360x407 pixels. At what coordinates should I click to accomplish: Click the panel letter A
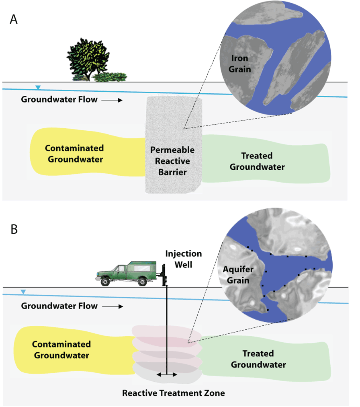tap(14, 20)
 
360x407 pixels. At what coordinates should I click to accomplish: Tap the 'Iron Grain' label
tap(239, 64)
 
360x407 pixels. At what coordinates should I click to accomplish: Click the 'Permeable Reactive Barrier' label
tap(172, 161)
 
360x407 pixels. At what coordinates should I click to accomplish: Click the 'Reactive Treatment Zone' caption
tap(173, 393)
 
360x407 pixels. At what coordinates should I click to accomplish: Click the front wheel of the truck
tap(105, 282)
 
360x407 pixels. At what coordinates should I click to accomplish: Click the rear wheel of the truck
tap(142, 282)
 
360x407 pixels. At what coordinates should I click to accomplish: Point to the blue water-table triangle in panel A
tap(38, 87)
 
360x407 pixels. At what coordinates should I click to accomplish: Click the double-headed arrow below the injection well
tap(166, 374)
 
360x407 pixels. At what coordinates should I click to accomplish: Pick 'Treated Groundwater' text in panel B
tap(264, 359)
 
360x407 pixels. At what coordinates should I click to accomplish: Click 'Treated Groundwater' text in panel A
tap(257, 161)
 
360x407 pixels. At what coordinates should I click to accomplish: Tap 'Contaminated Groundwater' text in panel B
tap(61, 350)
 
